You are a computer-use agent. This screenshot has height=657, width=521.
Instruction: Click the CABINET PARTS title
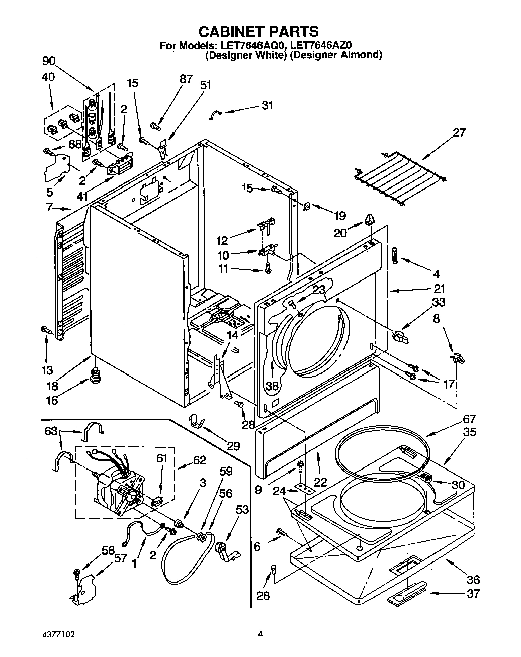coord(259,31)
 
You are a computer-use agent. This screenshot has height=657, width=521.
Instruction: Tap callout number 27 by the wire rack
coord(459,133)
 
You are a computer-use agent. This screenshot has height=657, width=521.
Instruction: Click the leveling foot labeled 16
coord(94,374)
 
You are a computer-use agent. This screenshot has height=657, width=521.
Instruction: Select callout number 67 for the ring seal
coord(468,419)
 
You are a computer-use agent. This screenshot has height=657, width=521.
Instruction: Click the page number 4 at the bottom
coord(260,635)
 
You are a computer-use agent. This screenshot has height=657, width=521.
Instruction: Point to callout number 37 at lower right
coord(473,594)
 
